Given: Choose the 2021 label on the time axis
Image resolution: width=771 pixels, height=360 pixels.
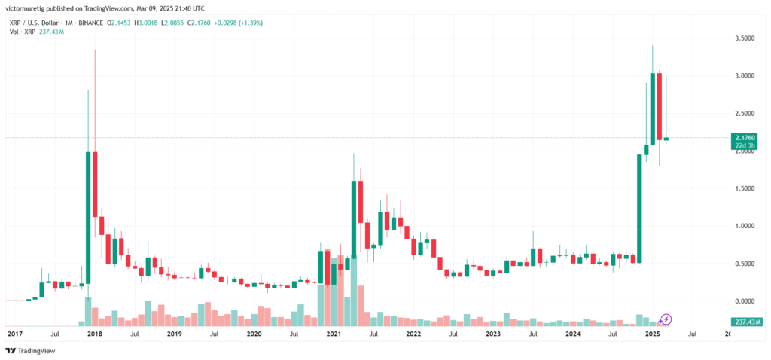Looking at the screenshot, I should (334, 333).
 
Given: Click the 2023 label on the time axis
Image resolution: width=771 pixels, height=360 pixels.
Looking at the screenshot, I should (493, 333).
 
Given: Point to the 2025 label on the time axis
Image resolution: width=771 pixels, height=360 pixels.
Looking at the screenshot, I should (653, 333).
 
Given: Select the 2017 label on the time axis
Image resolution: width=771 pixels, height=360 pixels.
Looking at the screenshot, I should (15, 333).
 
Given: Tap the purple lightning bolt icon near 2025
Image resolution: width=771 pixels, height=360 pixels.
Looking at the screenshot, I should (666, 319).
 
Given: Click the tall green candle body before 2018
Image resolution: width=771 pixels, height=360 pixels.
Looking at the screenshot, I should (88, 218).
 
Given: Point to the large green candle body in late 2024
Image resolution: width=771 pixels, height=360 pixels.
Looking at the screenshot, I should (639, 208).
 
